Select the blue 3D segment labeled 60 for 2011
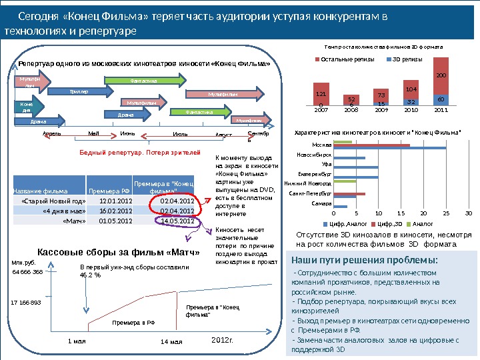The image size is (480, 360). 441,99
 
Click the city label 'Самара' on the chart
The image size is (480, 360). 323,202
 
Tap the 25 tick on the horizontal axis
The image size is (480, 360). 446,213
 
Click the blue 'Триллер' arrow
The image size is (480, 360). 78,92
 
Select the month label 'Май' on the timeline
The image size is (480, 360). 93,134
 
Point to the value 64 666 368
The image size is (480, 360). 28,272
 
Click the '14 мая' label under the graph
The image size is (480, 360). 172,341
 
